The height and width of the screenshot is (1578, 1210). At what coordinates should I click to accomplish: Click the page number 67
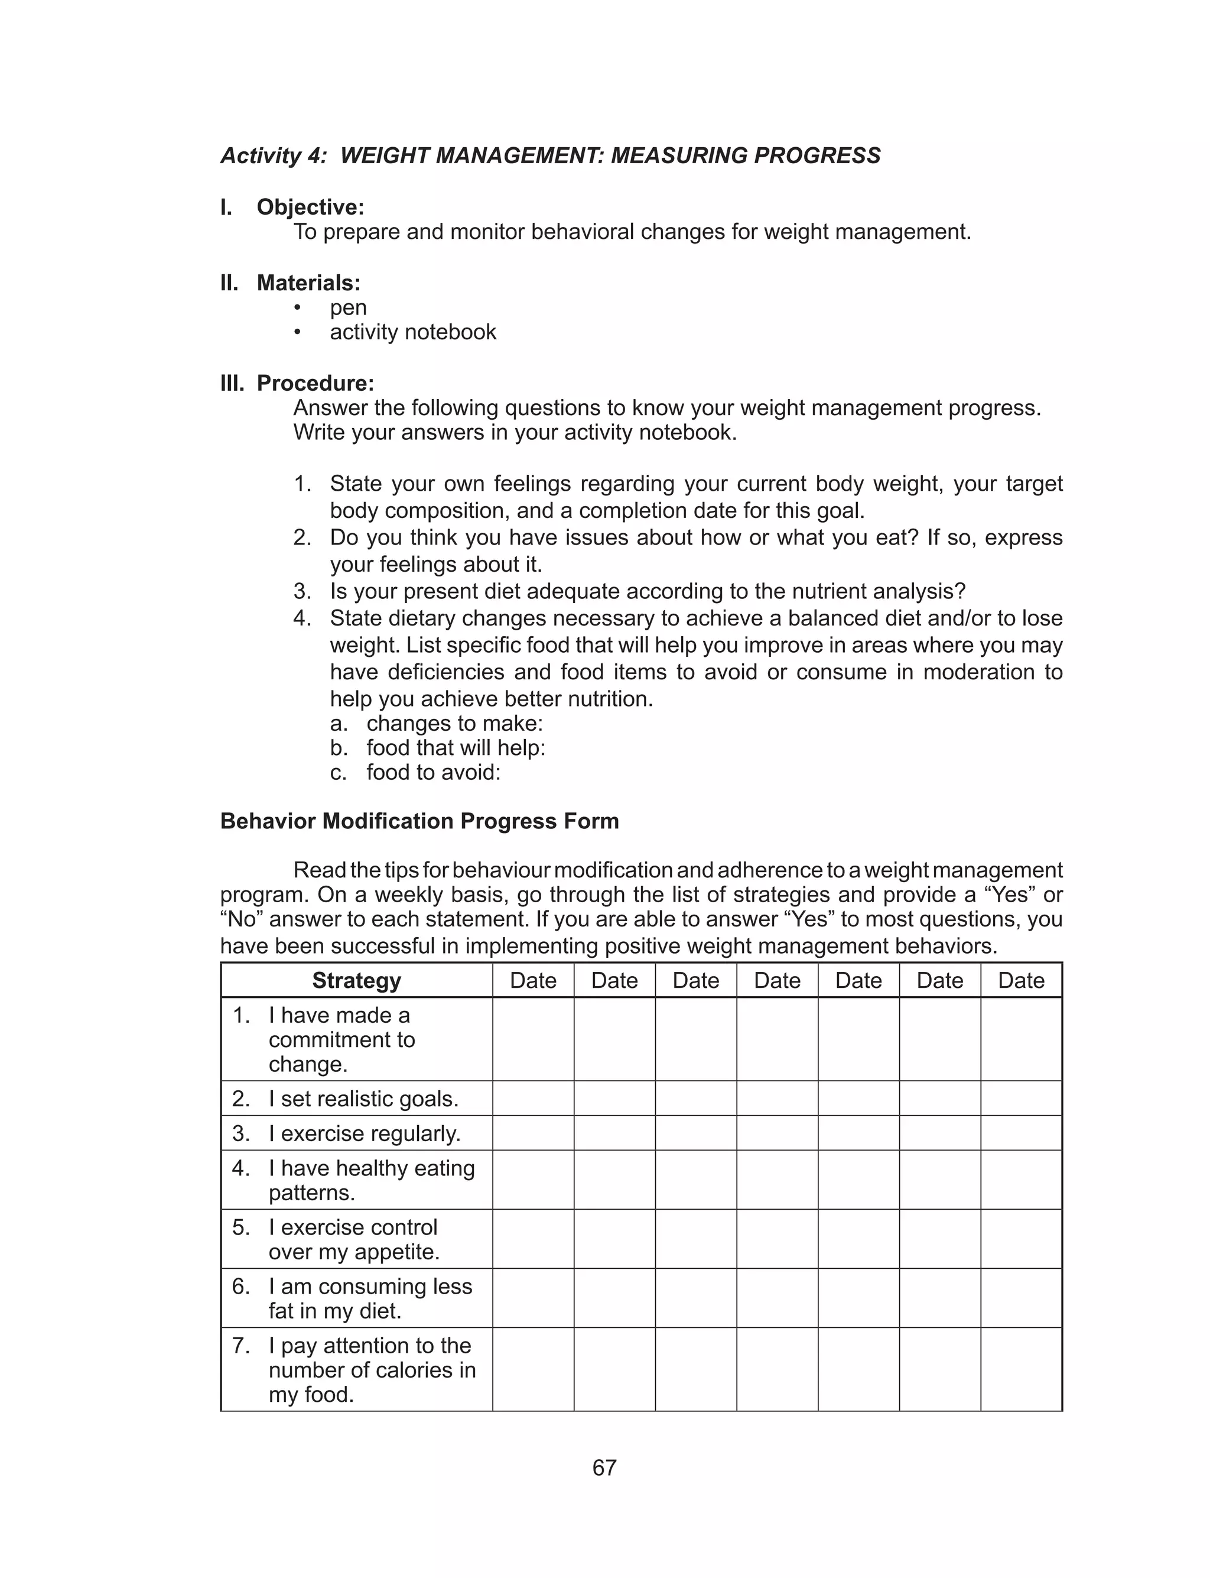click(x=604, y=1468)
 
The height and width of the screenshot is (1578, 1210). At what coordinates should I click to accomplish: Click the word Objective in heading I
click(x=310, y=207)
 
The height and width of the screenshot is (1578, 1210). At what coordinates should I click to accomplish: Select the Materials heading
click(x=308, y=283)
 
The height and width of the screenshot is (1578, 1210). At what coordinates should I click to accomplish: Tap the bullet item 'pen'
click(x=348, y=307)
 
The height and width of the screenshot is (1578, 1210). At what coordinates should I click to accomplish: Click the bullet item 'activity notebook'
click(x=413, y=332)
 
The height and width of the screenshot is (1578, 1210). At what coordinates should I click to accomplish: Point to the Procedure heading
click(x=315, y=383)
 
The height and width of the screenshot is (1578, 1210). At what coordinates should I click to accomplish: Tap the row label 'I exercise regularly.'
click(x=364, y=1133)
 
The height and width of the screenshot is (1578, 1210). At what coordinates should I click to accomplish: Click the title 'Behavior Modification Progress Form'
click(x=419, y=821)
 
